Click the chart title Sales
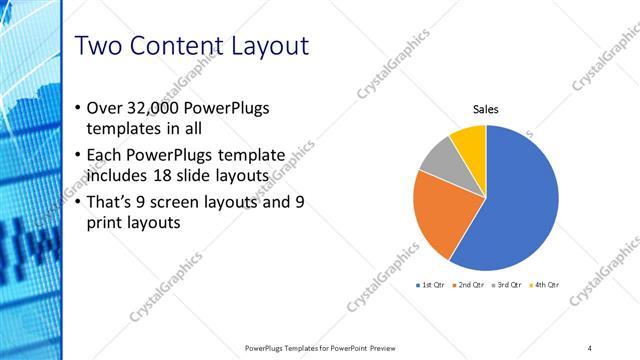[x=485, y=109]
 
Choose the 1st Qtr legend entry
[x=433, y=285]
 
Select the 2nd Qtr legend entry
[x=470, y=285]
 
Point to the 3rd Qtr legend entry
[x=507, y=285]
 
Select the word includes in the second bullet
[x=115, y=177]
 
